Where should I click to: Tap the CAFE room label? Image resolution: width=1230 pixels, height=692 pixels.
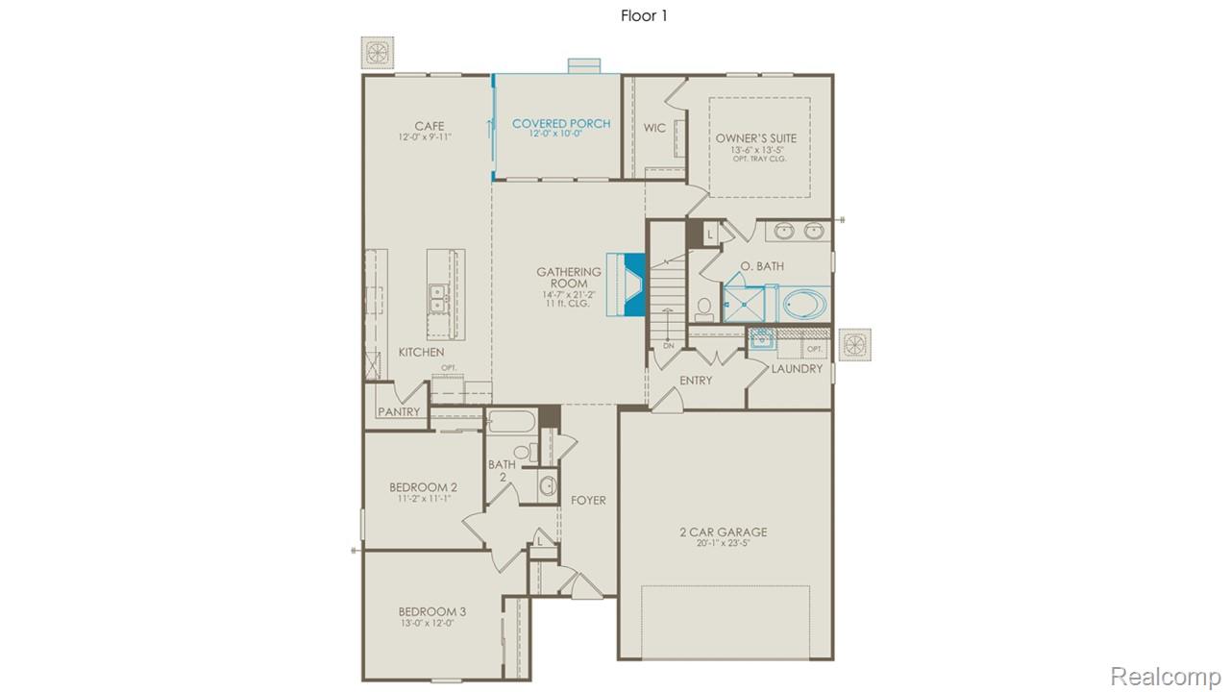coord(429,126)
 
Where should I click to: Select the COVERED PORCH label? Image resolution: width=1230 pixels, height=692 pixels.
coord(561,124)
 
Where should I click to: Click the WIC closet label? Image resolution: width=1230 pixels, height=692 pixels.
coord(654,128)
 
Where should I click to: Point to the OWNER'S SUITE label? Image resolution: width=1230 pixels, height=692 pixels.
coord(756,138)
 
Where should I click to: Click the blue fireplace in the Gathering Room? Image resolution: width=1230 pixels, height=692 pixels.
coord(632,284)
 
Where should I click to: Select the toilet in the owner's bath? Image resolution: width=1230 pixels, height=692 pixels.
coord(704,308)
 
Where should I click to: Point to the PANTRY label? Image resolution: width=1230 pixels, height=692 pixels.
coord(399,411)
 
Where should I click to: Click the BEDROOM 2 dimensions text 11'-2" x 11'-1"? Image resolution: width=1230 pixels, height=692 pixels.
coord(422,499)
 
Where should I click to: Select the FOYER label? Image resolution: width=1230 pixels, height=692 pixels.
coord(588,500)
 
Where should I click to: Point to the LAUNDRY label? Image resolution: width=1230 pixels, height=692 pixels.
coord(797,368)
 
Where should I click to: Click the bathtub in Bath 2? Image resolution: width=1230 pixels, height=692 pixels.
coord(509,421)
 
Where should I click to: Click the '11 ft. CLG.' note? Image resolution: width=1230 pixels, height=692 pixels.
coord(570,305)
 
